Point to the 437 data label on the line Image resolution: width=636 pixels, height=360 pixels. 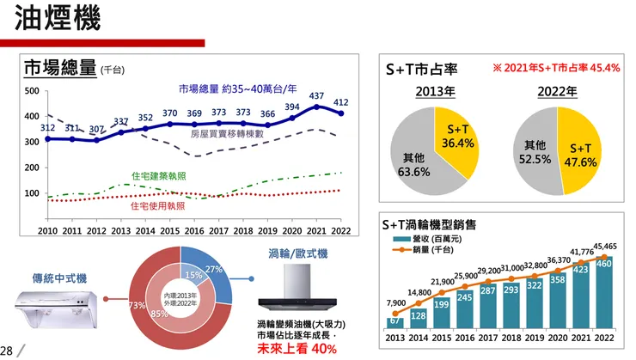tap(316, 96)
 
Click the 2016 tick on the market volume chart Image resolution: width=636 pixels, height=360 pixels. tap(195, 231)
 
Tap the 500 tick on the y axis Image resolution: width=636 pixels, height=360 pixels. tap(31, 91)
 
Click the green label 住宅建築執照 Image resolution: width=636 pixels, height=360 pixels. tap(159, 175)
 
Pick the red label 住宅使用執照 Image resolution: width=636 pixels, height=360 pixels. tap(157, 206)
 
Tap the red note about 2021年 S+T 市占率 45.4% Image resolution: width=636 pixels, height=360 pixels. tap(556, 67)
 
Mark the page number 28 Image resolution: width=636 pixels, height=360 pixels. tap(7, 351)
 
